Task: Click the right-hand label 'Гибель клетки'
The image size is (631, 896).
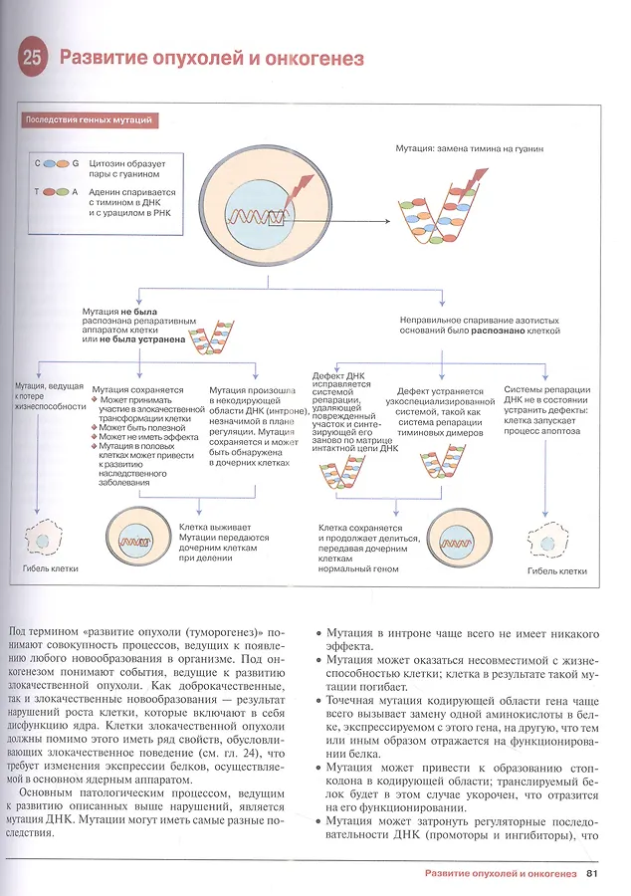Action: click(557, 571)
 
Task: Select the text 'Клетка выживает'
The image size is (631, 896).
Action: click(215, 528)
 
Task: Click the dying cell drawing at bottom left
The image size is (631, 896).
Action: click(42, 539)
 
